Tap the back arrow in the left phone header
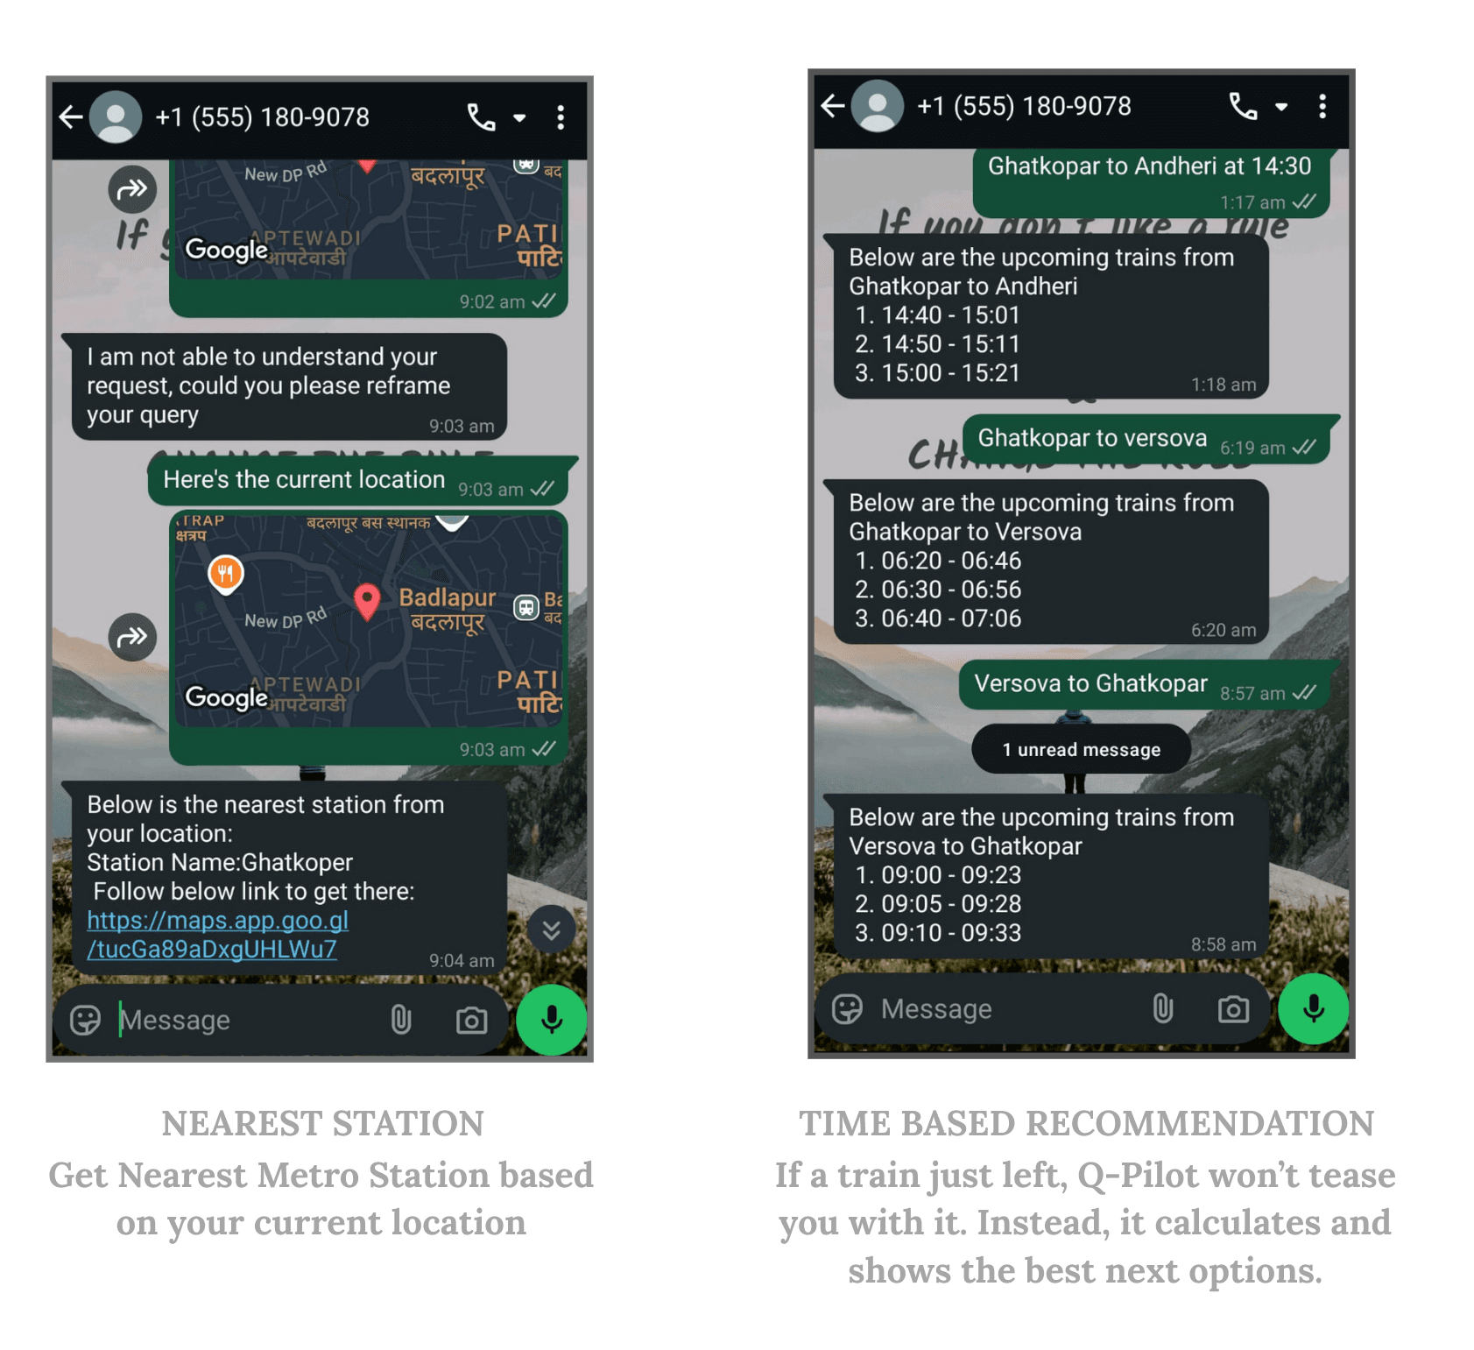pyautogui.click(x=71, y=117)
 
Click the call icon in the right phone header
pyautogui.click(x=1243, y=107)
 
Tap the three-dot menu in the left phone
pyautogui.click(x=561, y=117)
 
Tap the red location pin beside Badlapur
pyautogui.click(x=367, y=600)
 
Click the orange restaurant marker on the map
pyautogui.click(x=226, y=574)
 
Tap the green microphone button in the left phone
pyautogui.click(x=551, y=1019)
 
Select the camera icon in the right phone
pyautogui.click(x=1233, y=1009)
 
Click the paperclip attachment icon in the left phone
pyautogui.click(x=401, y=1020)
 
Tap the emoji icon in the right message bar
pyautogui.click(x=847, y=1009)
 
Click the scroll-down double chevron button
pyautogui.click(x=551, y=929)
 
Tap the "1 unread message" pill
pyautogui.click(x=1081, y=749)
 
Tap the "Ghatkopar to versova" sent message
pyautogui.click(x=1092, y=438)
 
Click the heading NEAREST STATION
pyautogui.click(x=322, y=1124)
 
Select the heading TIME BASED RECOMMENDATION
pyautogui.click(x=1085, y=1124)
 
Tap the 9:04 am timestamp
pyautogui.click(x=461, y=961)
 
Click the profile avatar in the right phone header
pyautogui.click(x=878, y=107)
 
